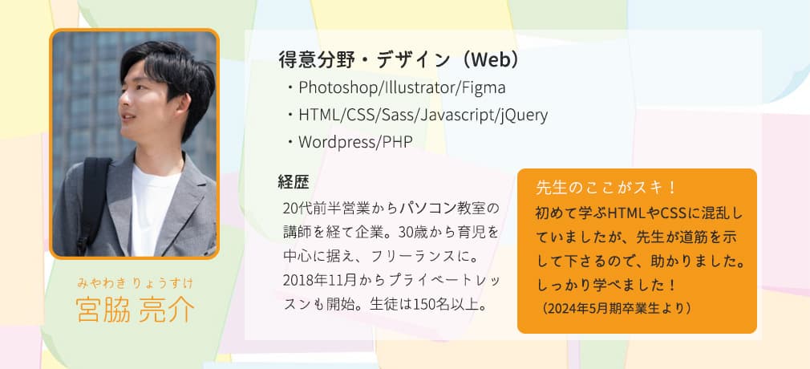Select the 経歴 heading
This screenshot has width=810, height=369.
coord(294,181)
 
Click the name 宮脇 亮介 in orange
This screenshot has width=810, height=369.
coord(135,309)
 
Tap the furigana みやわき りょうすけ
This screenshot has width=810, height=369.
coord(135,282)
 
